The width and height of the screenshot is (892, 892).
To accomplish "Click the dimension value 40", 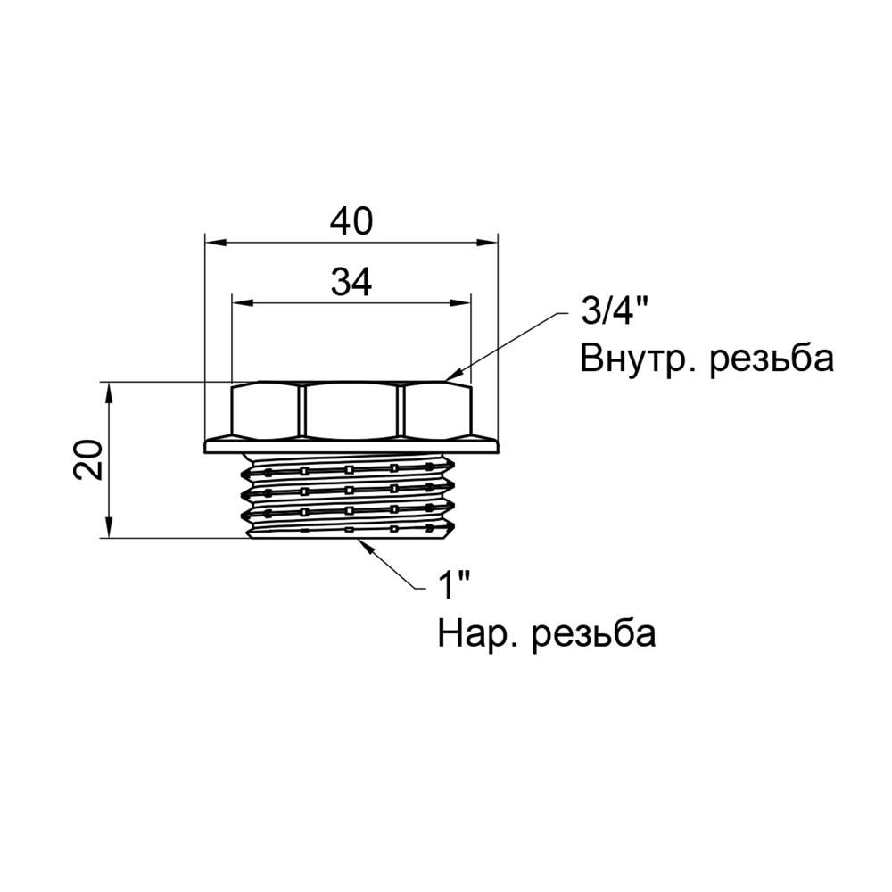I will [x=351, y=221].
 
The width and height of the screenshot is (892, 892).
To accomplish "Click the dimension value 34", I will [x=351, y=283].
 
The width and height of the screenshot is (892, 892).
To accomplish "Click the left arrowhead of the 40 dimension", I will [x=214, y=242].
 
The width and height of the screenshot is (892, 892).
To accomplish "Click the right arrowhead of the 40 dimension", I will [x=487, y=242].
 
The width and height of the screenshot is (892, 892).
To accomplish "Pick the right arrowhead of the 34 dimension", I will [x=461, y=303].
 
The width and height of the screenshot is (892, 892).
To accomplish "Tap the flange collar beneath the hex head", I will [x=351, y=445].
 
